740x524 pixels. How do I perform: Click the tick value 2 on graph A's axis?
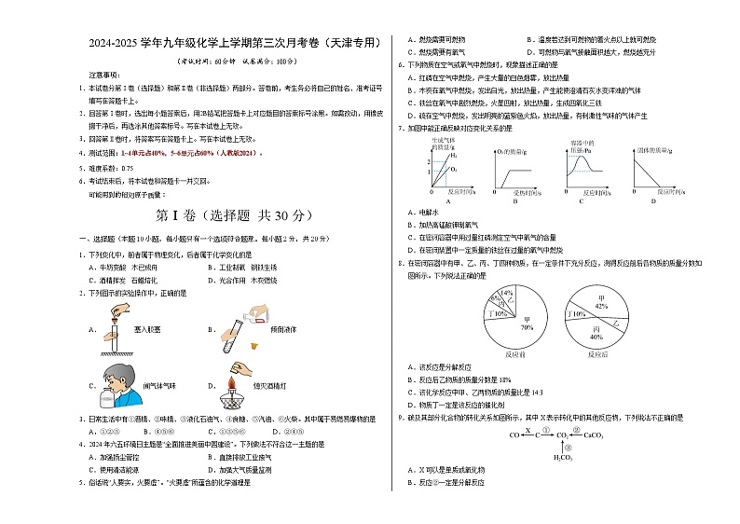click(430, 162)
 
